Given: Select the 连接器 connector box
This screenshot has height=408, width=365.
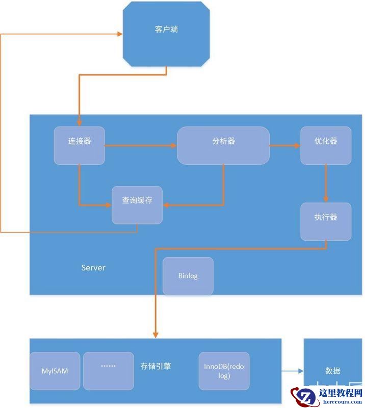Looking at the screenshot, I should click(x=80, y=145).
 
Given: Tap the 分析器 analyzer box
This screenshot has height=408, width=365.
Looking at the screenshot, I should click(x=223, y=145).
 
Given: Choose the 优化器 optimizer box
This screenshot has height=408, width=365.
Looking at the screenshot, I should click(x=326, y=145).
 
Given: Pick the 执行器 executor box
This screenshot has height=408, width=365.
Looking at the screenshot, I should click(x=326, y=221).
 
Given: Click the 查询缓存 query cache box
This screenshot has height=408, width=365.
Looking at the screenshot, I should click(x=137, y=205).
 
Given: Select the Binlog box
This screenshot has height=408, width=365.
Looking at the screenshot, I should click(x=188, y=276).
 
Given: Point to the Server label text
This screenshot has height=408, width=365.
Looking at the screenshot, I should click(x=93, y=268).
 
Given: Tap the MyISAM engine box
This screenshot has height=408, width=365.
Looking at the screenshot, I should click(x=55, y=371).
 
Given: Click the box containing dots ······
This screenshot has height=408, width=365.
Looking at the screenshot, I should click(x=109, y=369).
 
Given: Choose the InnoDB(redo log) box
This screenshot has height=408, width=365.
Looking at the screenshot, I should click(x=224, y=371).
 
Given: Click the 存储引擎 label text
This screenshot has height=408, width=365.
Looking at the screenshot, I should click(x=155, y=366).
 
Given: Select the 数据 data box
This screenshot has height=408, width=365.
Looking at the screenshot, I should click(x=332, y=371).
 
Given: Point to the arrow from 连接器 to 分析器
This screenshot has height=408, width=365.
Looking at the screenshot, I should click(x=140, y=145).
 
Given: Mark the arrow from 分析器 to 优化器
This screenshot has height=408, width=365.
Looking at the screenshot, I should click(x=284, y=145).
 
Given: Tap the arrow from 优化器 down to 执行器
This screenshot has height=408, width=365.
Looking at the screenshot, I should click(x=326, y=184).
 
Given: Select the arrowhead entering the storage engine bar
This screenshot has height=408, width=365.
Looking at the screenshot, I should click(x=155, y=334).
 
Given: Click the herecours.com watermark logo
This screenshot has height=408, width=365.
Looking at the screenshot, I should click(x=326, y=396).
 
